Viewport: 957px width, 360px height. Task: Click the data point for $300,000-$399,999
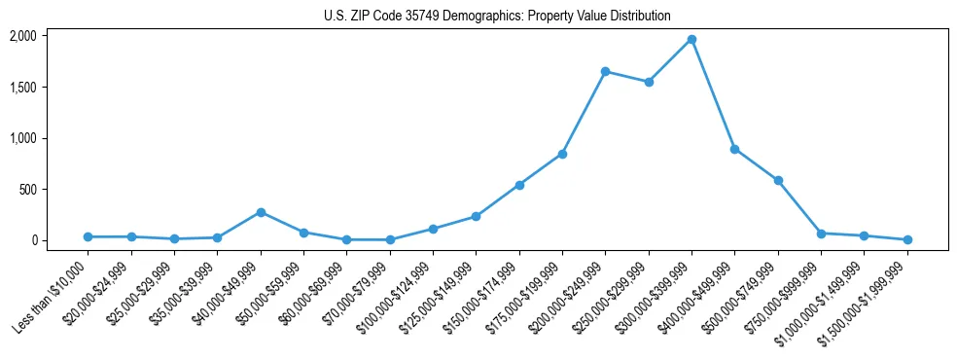point(691,39)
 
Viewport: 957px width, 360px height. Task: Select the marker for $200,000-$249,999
point(605,71)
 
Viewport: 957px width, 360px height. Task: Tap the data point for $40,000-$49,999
point(261,212)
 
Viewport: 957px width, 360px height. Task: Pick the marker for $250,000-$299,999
point(649,82)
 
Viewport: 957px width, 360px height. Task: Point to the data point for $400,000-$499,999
point(734,149)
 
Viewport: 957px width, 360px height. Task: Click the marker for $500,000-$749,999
point(778,180)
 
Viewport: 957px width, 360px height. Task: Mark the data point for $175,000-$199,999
point(562,154)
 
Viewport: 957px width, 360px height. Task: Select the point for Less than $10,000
point(89,236)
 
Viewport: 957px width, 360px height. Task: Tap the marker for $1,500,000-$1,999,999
point(906,239)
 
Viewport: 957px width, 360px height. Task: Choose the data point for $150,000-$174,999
point(519,185)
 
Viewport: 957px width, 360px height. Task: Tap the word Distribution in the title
point(639,16)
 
